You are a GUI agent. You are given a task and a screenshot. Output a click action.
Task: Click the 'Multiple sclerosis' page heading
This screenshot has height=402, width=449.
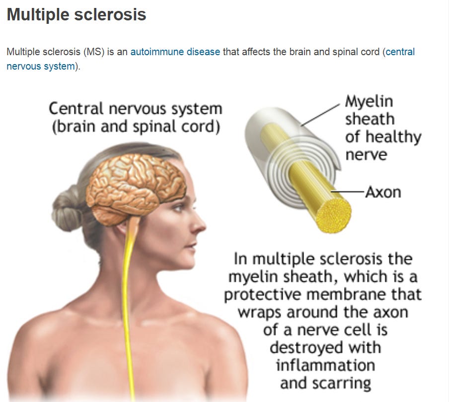point(76,15)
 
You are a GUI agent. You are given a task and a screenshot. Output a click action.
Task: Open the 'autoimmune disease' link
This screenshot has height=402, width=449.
point(175,52)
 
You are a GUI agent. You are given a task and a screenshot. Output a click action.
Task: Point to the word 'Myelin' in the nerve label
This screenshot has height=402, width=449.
point(369,102)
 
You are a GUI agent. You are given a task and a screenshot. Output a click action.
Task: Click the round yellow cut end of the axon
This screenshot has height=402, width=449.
point(333,217)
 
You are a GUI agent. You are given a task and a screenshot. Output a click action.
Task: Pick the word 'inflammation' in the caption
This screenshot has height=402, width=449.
point(325,365)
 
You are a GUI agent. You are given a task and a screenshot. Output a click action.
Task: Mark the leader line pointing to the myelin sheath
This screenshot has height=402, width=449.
point(320,112)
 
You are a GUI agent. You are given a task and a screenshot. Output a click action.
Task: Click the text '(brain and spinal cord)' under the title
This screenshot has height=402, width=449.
point(136,127)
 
